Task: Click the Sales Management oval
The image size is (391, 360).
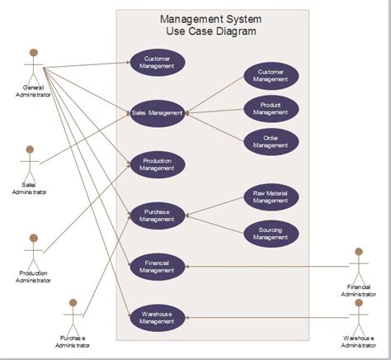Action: pos(157,112)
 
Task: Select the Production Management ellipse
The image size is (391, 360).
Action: pos(157,164)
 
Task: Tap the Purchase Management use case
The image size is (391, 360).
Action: pos(157,216)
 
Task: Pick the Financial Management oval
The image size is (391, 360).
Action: pos(157,266)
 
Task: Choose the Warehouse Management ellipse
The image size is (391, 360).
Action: pos(157,317)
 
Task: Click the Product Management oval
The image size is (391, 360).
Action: pos(271,109)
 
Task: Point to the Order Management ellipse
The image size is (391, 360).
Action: pos(271,141)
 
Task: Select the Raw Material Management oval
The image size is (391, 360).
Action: pos(271,197)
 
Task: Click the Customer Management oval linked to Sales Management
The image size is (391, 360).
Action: pos(271,76)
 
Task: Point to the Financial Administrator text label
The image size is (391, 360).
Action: pos(359,291)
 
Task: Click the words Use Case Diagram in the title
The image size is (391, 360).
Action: pos(212,31)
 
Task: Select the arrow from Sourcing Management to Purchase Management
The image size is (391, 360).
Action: pos(216,223)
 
